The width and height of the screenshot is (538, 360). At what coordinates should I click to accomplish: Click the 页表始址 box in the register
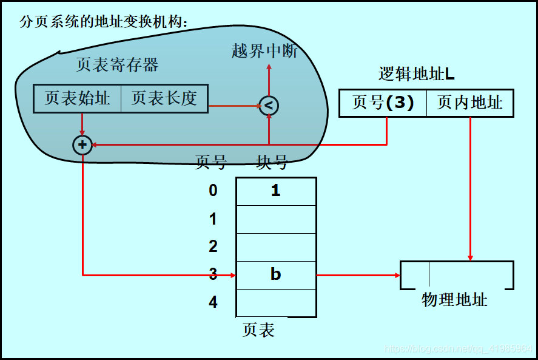click(77, 98)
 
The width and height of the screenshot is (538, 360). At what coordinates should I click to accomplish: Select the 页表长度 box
click(164, 98)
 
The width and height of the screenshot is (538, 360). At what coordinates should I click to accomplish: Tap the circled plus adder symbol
click(82, 145)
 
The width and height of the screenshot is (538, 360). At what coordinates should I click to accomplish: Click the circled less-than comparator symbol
click(269, 106)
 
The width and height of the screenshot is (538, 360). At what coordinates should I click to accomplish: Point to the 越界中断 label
click(264, 51)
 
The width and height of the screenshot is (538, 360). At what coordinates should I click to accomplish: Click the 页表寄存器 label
click(117, 65)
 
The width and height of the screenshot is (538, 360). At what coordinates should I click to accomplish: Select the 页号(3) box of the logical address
click(383, 103)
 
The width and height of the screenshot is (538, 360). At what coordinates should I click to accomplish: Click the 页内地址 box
click(470, 103)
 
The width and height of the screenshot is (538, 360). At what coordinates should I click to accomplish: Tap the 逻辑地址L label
click(417, 74)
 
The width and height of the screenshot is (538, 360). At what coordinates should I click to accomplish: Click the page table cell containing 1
click(276, 191)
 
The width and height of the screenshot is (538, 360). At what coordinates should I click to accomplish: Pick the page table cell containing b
click(276, 274)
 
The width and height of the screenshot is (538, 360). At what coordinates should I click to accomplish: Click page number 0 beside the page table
click(213, 191)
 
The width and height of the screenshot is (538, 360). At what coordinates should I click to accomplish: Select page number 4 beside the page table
click(213, 302)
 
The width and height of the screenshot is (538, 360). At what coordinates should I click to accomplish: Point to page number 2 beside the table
click(213, 246)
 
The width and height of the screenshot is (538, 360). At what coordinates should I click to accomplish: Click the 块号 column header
click(272, 162)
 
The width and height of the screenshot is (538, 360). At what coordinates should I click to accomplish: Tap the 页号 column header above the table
click(211, 162)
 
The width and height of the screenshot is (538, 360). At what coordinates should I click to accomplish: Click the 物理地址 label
click(454, 299)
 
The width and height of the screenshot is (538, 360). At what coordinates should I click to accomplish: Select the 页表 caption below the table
click(258, 330)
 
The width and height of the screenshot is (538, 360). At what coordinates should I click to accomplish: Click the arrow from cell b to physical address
click(358, 275)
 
